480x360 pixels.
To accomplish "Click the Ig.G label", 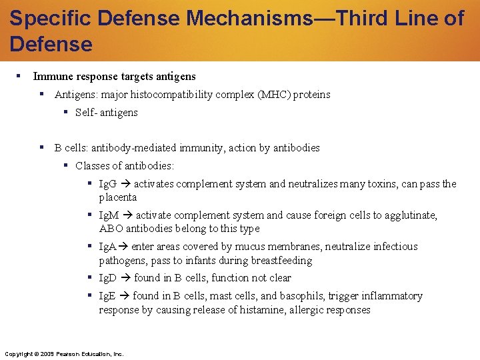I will pos(107,184).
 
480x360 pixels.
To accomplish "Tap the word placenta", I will pos(118,197).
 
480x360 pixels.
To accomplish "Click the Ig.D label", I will pos(108,278).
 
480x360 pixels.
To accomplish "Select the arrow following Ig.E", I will pos(124,296).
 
